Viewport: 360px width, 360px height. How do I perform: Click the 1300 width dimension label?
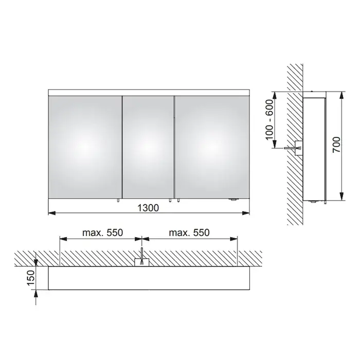click(x=148, y=208)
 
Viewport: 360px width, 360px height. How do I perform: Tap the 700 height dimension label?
click(x=336, y=145)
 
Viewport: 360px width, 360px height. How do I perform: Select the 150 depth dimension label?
click(x=31, y=278)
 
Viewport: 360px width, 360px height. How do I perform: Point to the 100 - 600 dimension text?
click(x=269, y=120)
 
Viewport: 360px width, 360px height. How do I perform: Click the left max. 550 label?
click(x=103, y=232)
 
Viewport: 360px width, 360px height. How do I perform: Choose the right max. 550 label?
click(x=189, y=232)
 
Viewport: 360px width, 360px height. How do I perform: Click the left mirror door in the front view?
click(x=85, y=147)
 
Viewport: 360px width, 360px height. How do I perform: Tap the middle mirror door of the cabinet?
click(x=148, y=147)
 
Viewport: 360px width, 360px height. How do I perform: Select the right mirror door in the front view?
click(x=212, y=147)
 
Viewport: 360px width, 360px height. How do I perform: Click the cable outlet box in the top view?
click(x=141, y=262)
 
